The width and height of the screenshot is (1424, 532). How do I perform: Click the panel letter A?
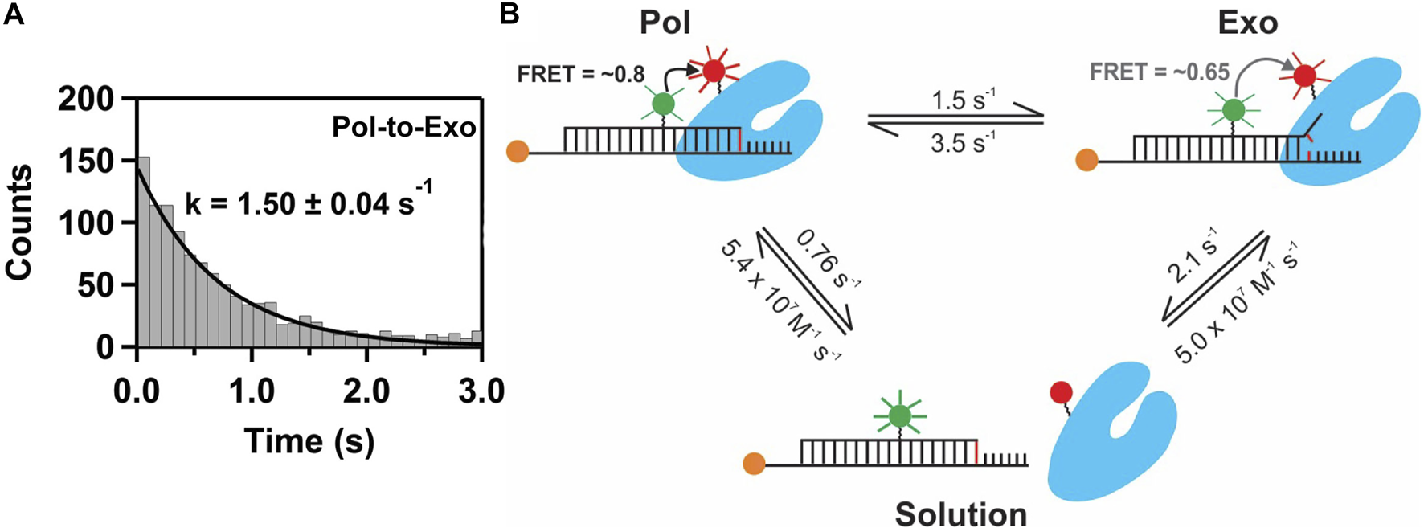[14, 14]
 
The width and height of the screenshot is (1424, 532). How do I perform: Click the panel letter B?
[509, 14]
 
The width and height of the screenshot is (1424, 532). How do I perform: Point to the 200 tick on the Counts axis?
[88, 100]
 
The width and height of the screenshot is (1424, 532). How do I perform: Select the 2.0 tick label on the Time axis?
[366, 391]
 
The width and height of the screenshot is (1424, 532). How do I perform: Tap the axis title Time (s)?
[309, 440]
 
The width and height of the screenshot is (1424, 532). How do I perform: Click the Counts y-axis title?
[18, 223]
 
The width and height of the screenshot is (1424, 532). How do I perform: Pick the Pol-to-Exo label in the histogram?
[403, 126]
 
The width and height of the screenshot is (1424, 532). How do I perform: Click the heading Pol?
[665, 23]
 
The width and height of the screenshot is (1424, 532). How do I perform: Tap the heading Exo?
[1247, 23]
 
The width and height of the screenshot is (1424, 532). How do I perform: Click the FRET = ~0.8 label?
[581, 74]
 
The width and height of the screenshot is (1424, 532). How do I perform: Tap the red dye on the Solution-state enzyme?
[1061, 392]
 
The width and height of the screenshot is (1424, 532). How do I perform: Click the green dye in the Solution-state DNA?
[900, 415]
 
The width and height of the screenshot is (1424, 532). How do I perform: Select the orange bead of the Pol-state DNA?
[518, 151]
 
